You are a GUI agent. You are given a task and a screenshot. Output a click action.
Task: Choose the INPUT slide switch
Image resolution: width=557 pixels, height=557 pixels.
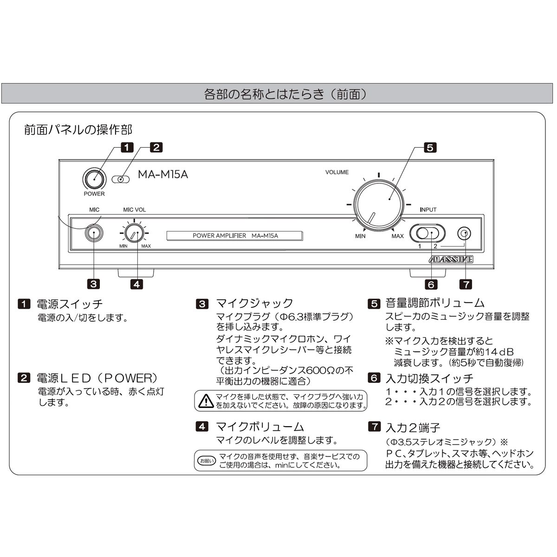(427, 233)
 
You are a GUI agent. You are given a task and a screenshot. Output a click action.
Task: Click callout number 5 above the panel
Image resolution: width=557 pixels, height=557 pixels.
(430, 148)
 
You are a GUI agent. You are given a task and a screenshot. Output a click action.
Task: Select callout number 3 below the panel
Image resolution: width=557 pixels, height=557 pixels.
(94, 284)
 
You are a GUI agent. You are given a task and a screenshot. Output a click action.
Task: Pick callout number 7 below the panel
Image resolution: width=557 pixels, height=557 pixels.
(465, 284)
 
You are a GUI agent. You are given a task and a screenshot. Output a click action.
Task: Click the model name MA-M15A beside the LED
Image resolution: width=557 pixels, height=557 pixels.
(163, 175)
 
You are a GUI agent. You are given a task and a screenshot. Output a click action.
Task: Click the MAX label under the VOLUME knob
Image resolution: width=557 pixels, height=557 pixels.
(397, 236)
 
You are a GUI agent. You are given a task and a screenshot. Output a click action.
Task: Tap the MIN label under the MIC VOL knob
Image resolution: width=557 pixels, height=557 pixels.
(123, 246)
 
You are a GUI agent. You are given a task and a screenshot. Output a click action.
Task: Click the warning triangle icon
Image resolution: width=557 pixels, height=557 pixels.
(205, 401)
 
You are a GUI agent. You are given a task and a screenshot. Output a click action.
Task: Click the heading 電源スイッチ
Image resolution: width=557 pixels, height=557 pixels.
(70, 304)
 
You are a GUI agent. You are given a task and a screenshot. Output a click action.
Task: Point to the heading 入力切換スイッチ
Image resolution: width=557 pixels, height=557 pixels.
(429, 378)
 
